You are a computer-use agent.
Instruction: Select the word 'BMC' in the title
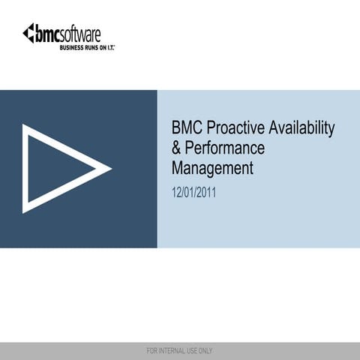[x=187, y=129]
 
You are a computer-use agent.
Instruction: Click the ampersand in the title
[x=177, y=148]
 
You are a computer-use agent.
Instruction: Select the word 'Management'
[x=212, y=168]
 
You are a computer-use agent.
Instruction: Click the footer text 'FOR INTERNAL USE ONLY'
[x=180, y=350]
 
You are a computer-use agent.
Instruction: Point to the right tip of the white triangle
[x=109, y=168]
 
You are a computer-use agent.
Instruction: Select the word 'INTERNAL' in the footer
[x=177, y=350]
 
